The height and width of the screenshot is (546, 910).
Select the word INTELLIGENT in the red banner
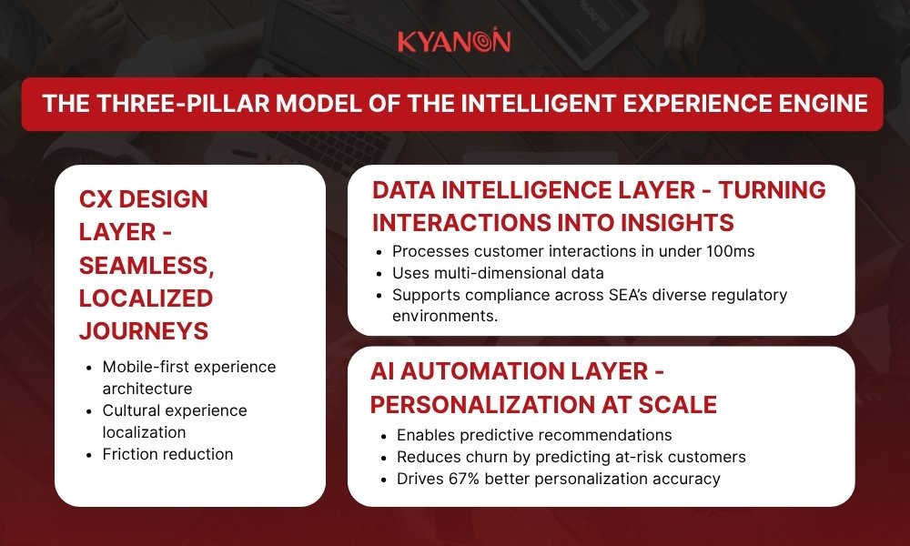538,104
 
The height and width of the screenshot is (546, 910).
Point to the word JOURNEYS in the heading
144,330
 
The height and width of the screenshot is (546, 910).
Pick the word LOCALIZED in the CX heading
147,298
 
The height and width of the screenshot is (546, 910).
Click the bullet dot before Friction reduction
89,455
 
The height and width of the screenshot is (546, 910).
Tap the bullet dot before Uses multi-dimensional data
379,274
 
